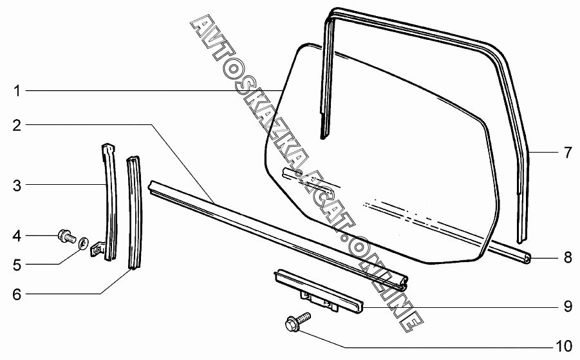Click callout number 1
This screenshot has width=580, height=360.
(17, 91)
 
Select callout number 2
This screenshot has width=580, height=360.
(17, 125)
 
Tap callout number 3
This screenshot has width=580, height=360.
(17, 186)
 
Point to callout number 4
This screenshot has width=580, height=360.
(17, 236)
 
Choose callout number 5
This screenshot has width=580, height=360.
(17, 264)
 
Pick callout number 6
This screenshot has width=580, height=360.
(17, 294)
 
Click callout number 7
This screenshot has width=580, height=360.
(567, 153)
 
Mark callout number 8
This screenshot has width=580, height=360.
(567, 258)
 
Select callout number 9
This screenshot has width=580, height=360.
(567, 306)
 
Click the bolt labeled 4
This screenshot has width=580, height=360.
(66, 236)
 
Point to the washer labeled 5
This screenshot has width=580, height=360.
(83, 244)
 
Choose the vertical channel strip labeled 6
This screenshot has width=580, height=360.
(134, 213)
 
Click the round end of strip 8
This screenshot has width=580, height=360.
(526, 259)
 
